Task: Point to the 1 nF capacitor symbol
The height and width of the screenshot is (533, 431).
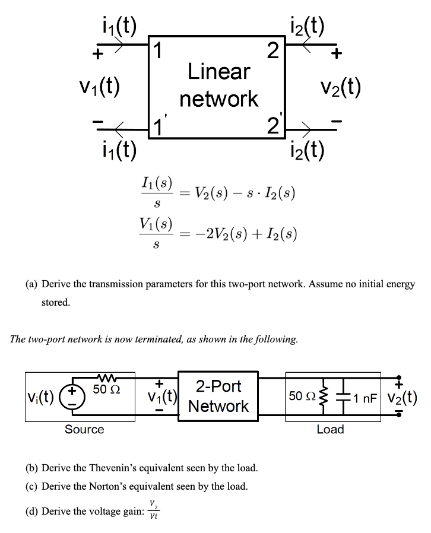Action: [344, 395]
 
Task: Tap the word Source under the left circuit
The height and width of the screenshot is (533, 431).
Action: [84, 429]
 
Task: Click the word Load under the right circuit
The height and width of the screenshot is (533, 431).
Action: [330, 429]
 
